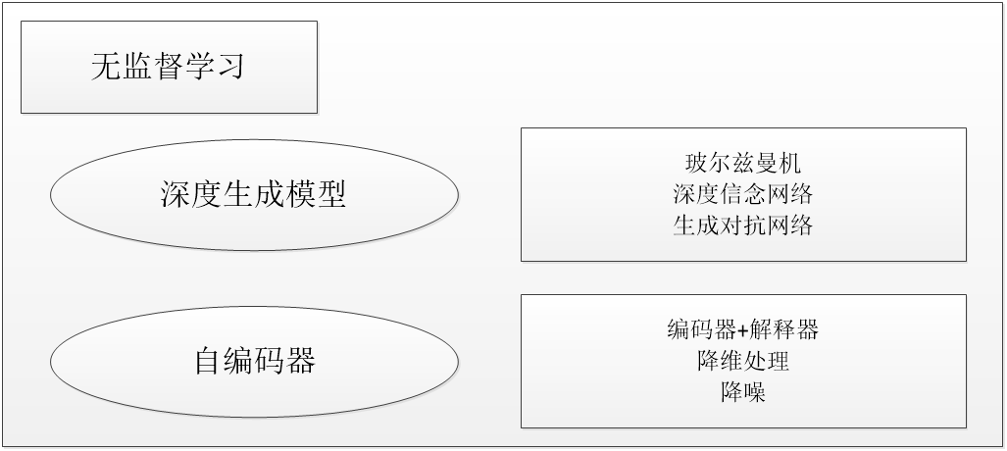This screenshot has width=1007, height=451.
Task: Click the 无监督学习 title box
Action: pos(169,67)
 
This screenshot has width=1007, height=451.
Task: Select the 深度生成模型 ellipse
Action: pos(253,194)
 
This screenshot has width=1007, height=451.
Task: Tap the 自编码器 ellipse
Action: pos(253,361)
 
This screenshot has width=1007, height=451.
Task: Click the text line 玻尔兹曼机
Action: pos(743,162)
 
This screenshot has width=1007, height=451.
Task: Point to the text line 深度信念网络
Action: pos(743,193)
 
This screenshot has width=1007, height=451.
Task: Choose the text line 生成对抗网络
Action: pos(743,225)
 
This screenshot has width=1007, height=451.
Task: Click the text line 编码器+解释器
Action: pos(742,329)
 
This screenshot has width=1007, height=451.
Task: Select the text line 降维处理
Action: pos(742,361)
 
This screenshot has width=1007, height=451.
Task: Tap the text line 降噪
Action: pos(742,392)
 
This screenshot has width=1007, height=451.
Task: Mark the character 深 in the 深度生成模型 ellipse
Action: pos(175,194)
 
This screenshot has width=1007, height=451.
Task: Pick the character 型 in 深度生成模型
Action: pos(331,194)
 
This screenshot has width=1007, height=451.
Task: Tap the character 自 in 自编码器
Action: pos(207,361)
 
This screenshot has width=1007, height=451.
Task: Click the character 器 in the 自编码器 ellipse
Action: pos(300,361)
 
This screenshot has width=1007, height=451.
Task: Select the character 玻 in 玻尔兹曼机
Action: pos(696,162)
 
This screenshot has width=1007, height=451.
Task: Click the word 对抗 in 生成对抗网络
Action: pos(743,225)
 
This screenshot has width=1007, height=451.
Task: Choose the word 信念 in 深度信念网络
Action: pos(743,193)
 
